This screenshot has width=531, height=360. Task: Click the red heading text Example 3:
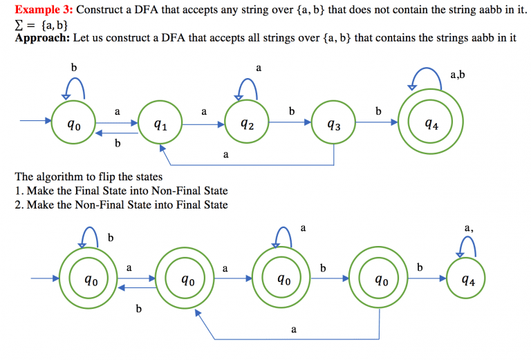click(44, 10)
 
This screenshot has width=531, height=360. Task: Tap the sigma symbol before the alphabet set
click(19, 25)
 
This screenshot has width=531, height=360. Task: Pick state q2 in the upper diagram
click(247, 124)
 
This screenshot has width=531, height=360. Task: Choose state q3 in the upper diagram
click(334, 124)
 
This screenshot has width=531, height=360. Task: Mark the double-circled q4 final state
click(430, 124)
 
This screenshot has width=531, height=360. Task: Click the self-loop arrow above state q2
click(248, 85)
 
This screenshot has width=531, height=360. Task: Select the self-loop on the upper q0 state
click(74, 86)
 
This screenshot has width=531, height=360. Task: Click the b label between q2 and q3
click(291, 111)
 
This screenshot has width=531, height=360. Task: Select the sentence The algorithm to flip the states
click(88, 177)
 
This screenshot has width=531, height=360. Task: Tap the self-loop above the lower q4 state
click(467, 245)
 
